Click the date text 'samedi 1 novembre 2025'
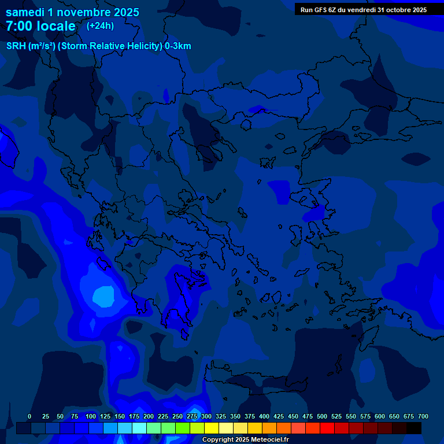tap(72, 12)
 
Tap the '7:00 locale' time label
tap(40, 26)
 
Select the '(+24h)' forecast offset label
tap(100, 26)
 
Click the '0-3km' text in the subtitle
tap(178, 46)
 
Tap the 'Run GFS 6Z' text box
tap(363, 9)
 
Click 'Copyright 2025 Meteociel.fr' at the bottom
tap(245, 440)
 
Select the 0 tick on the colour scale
tap(29, 417)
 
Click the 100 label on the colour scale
tap(91, 417)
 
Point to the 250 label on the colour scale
tap(177, 417)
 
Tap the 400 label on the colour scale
tap(264, 417)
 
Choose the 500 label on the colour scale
tap(322, 417)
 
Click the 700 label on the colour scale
tap(423, 417)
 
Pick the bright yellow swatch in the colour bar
tap(212, 428)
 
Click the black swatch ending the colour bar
tap(414, 428)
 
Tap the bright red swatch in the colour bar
tap(327, 428)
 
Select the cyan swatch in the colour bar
tap(139, 428)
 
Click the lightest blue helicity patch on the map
tap(103, 296)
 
